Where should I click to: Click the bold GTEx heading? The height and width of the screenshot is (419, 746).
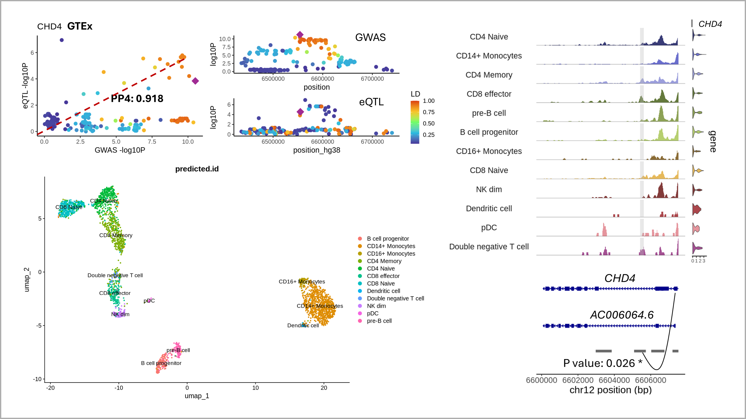pyautogui.click(x=80, y=26)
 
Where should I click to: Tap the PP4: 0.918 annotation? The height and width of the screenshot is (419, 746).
pyautogui.click(x=137, y=98)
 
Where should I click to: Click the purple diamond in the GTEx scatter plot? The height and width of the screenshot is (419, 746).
pyautogui.click(x=195, y=81)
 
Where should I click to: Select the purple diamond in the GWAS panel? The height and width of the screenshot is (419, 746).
pyautogui.click(x=300, y=35)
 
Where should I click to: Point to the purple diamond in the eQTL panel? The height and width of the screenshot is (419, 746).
pyautogui.click(x=300, y=112)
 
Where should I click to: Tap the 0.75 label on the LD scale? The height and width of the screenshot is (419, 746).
pyautogui.click(x=429, y=112)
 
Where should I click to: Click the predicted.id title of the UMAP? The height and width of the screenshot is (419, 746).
pyautogui.click(x=197, y=169)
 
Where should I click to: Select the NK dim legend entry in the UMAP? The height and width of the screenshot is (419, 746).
pyautogui.click(x=376, y=306)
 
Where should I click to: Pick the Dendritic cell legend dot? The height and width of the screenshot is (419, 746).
pyautogui.click(x=360, y=291)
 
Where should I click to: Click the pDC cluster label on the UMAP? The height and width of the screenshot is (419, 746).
pyautogui.click(x=149, y=301)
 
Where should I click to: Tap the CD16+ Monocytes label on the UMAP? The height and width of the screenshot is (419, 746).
pyautogui.click(x=302, y=282)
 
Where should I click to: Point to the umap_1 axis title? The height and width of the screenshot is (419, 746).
pyautogui.click(x=197, y=396)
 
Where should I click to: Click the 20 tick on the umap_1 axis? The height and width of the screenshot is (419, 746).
pyautogui.click(x=324, y=388)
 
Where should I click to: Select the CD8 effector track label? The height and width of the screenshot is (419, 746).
pyautogui.click(x=489, y=94)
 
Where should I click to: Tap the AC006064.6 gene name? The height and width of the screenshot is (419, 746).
pyautogui.click(x=622, y=315)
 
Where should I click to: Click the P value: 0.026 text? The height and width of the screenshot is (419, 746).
pyautogui.click(x=599, y=363)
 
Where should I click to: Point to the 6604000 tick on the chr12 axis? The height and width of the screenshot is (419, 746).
pyautogui.click(x=614, y=380)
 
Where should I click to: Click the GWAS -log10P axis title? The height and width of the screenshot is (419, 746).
pyautogui.click(x=120, y=150)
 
